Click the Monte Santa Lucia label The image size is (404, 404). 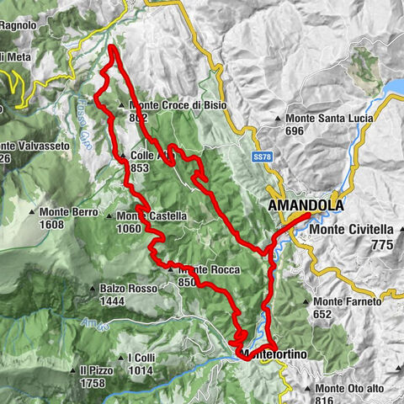(x=329, y=119)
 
